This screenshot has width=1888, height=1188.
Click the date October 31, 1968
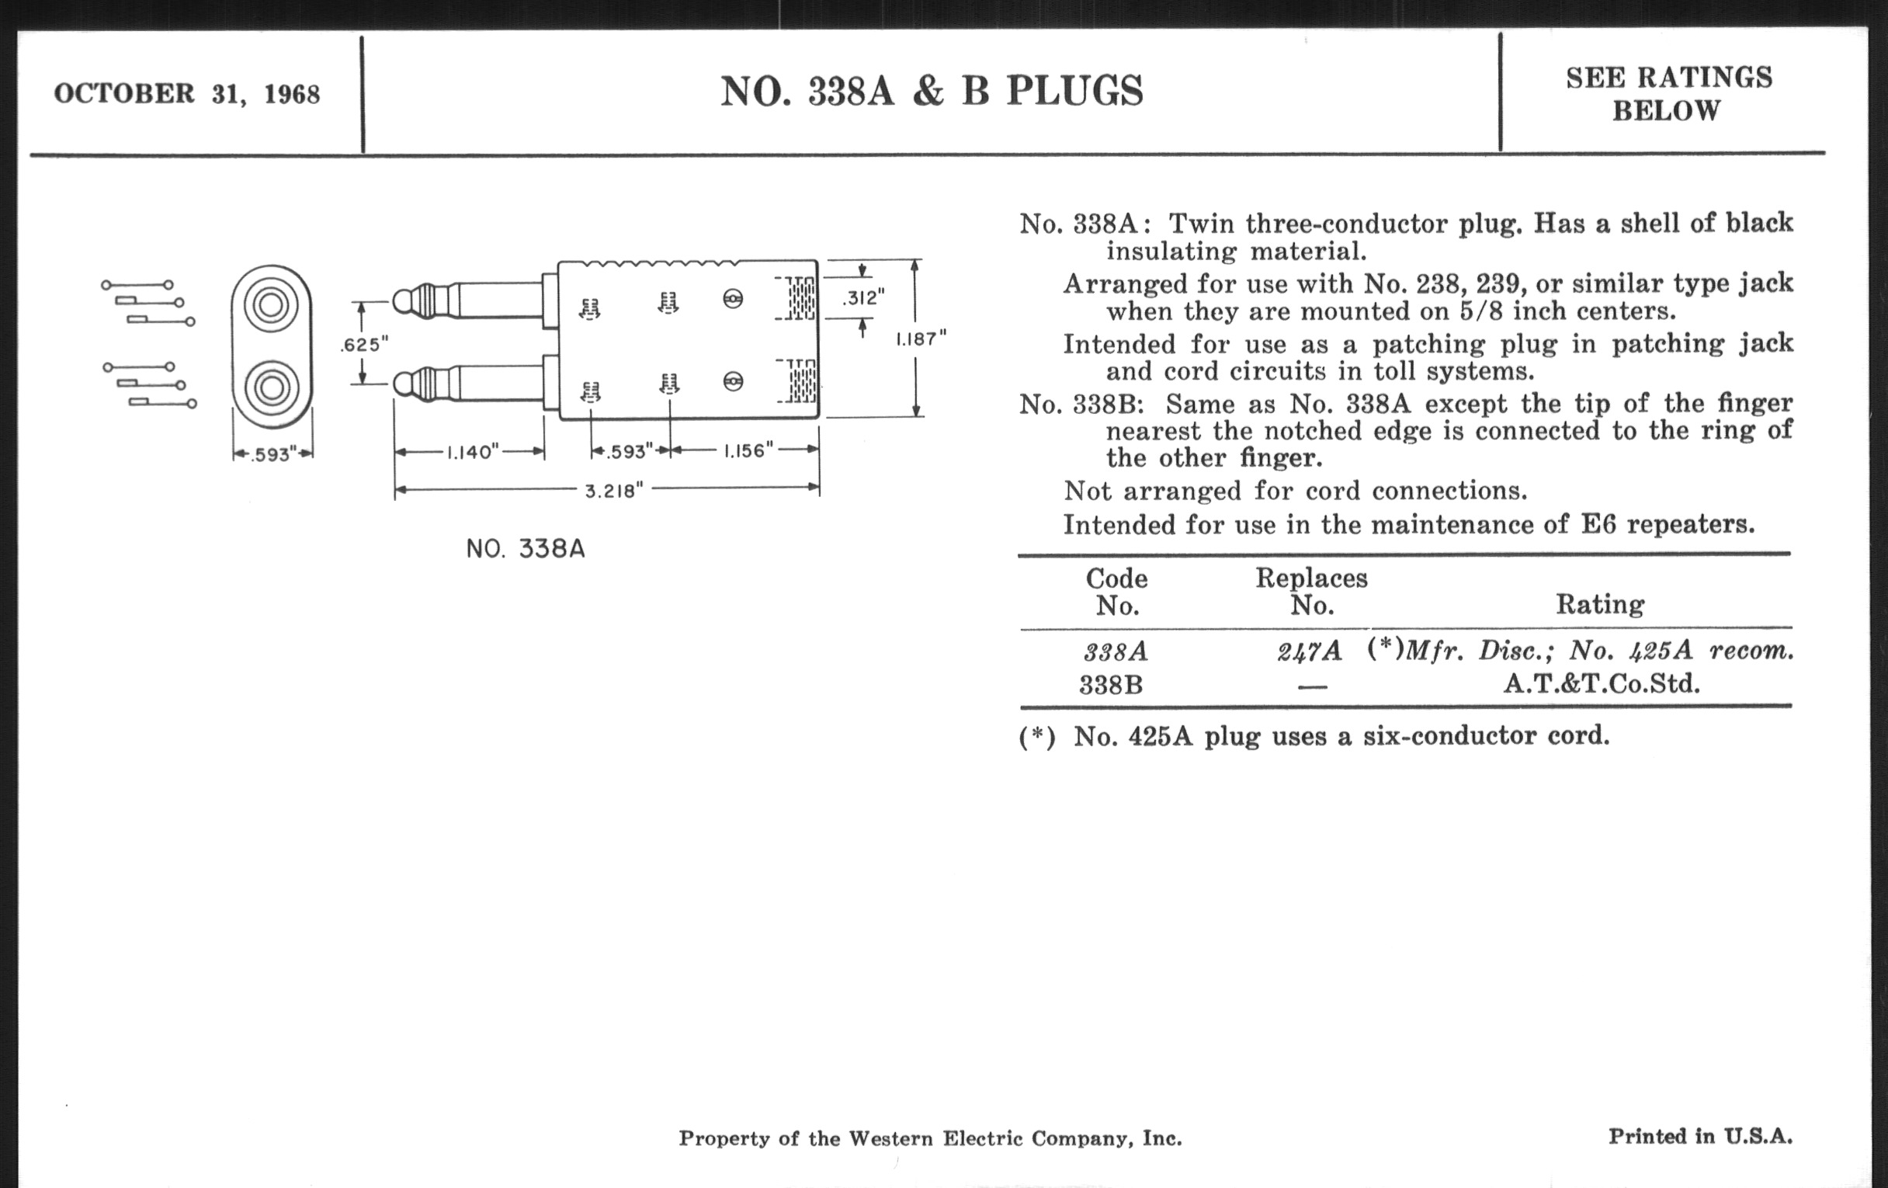tap(186, 94)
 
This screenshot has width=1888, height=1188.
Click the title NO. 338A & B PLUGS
tap(932, 92)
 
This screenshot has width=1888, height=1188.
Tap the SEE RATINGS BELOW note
tap(1668, 94)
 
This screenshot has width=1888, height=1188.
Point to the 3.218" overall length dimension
tap(614, 491)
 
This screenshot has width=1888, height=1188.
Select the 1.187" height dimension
tap(921, 339)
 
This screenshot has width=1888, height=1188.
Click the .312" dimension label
tap(862, 298)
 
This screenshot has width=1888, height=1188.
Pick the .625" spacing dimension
tap(364, 344)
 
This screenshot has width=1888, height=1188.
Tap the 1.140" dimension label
tap(472, 453)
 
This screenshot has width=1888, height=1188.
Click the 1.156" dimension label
tap(747, 451)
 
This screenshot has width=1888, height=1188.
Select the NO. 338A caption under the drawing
tap(526, 549)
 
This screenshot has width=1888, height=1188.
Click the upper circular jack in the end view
tap(271, 304)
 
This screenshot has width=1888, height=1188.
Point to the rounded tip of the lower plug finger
tap(401, 384)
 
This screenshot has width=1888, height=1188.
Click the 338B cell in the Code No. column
tap(1111, 686)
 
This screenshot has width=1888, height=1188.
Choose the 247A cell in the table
tap(1310, 651)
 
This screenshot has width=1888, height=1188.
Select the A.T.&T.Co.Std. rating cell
tap(1601, 685)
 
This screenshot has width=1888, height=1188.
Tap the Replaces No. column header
tap(1312, 591)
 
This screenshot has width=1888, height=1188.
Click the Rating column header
tap(1599, 605)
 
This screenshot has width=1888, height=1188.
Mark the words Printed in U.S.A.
tap(1700, 1136)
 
